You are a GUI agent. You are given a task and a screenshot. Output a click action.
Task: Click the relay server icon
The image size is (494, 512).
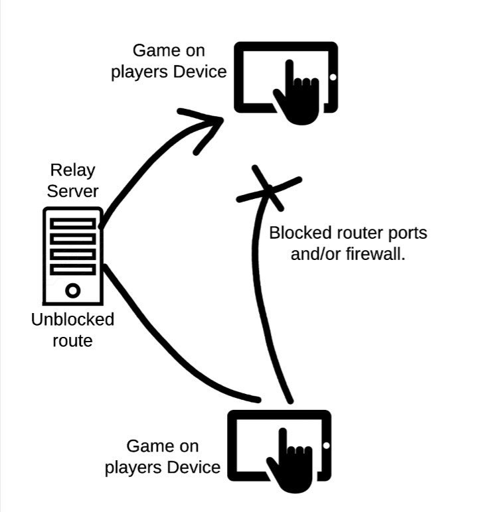click(73, 255)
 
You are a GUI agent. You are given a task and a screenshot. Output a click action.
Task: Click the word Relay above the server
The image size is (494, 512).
click(72, 170)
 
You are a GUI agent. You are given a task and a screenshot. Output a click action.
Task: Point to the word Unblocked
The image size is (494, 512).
click(72, 320)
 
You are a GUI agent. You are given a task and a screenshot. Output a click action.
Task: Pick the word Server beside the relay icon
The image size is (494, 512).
click(72, 192)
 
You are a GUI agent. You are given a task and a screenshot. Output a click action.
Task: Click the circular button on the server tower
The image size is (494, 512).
click(73, 290)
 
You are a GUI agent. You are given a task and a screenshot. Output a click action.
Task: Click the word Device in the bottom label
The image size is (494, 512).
click(193, 467)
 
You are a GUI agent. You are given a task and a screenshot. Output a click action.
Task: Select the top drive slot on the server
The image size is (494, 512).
click(73, 222)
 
